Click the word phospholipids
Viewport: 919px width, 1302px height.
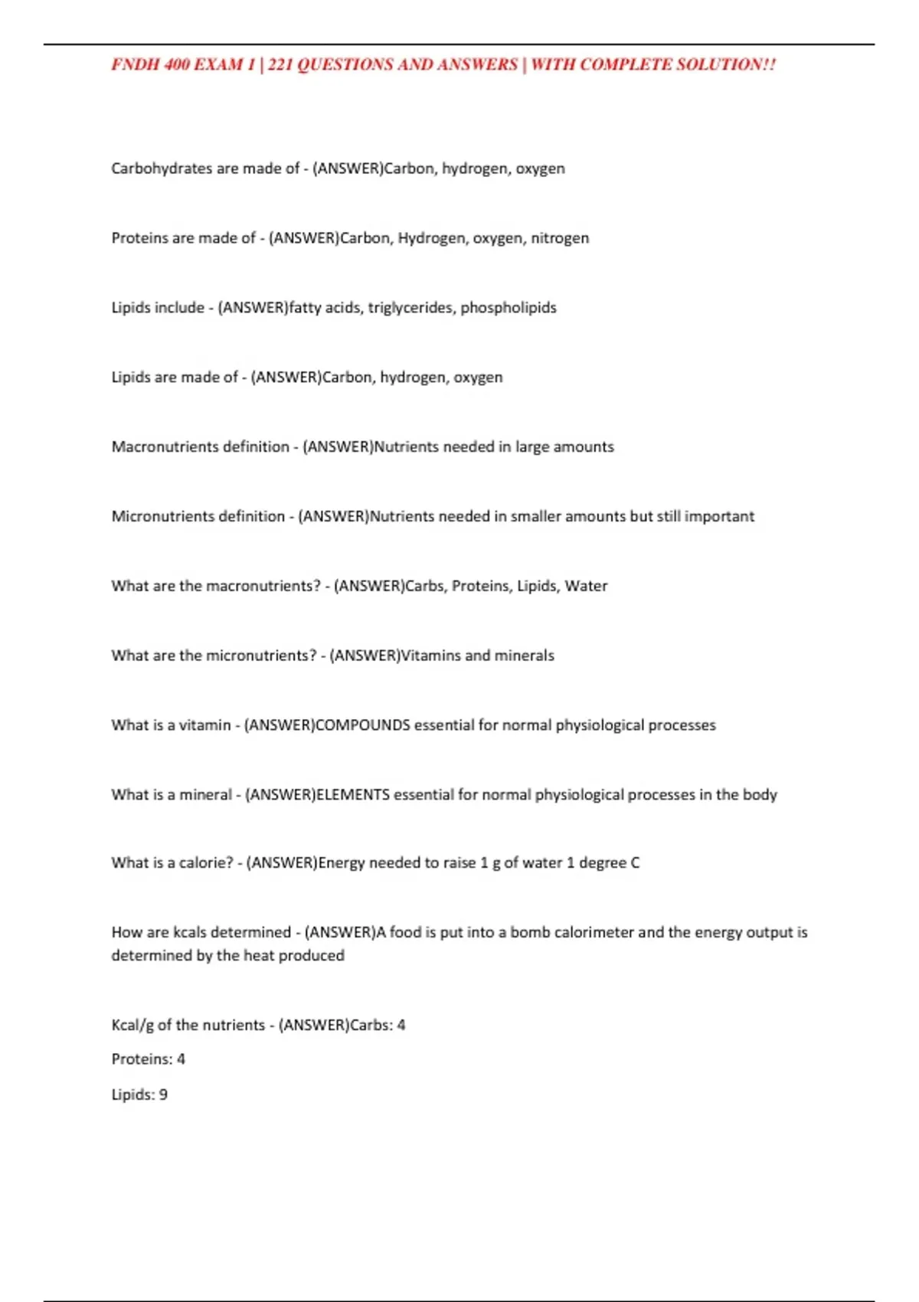509,308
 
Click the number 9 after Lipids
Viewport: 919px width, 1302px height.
163,1095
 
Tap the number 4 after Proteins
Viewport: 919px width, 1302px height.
181,1060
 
